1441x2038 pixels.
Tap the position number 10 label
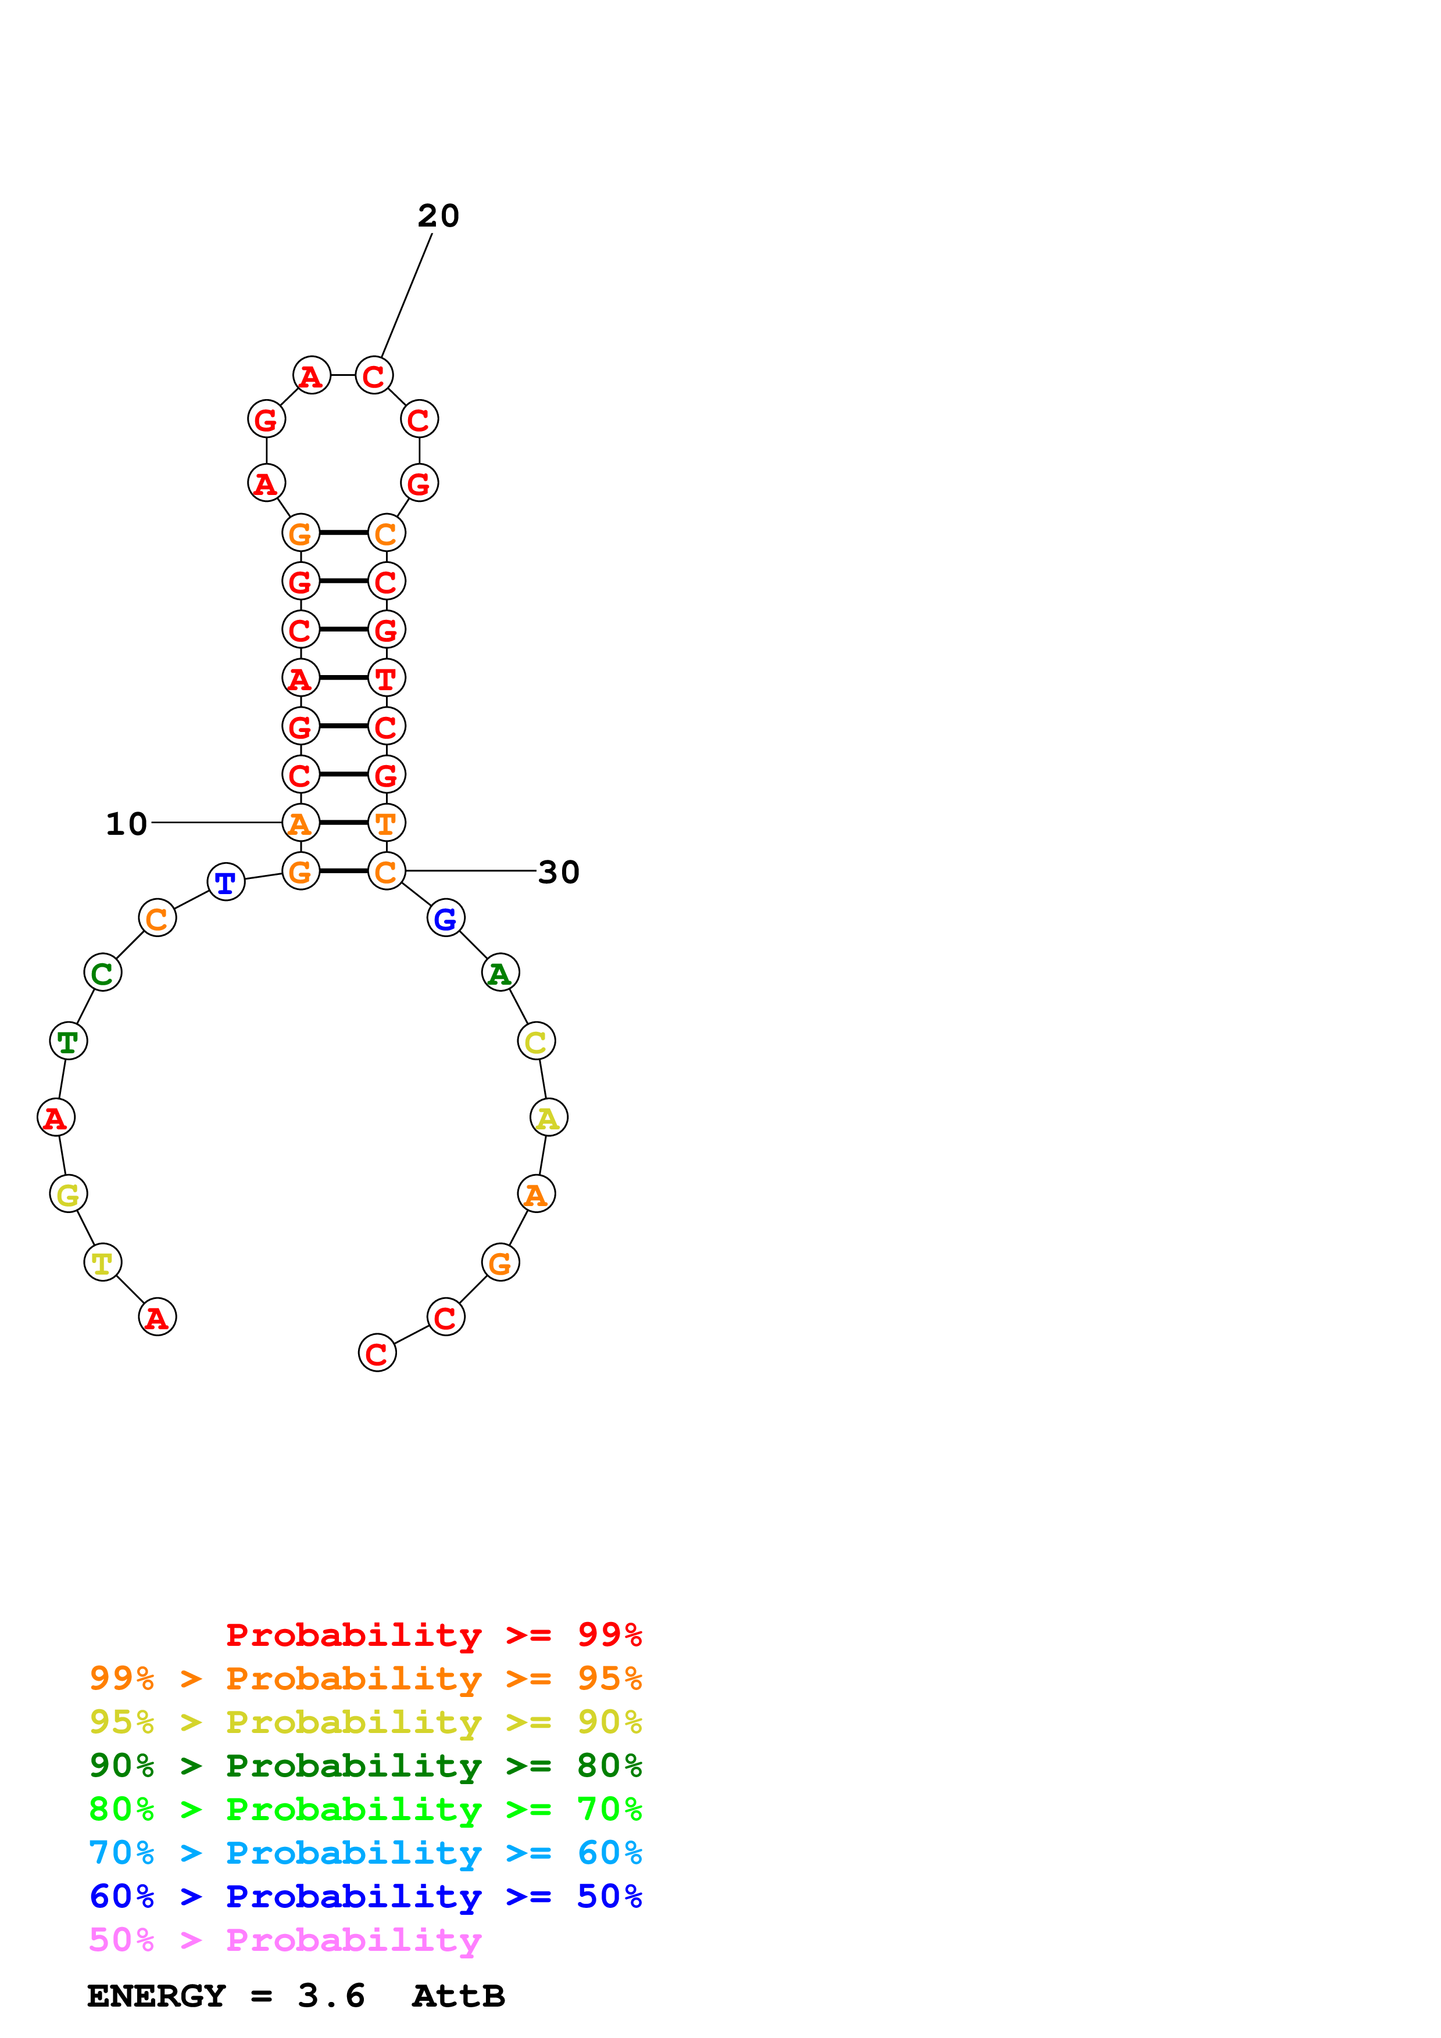click(126, 824)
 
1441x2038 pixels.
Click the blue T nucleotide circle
click(226, 881)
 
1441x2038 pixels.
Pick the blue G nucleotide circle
click(446, 918)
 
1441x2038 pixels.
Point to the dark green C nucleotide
click(102, 973)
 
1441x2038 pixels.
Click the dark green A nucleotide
click(500, 973)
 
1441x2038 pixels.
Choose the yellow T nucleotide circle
click(102, 1262)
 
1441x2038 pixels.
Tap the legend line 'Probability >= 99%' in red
click(433, 1635)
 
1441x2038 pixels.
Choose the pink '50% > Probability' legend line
click(285, 1940)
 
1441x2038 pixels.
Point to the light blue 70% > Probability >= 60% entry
click(365, 1853)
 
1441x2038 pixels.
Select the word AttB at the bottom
click(458, 1996)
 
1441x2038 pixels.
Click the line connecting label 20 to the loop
click(407, 295)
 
